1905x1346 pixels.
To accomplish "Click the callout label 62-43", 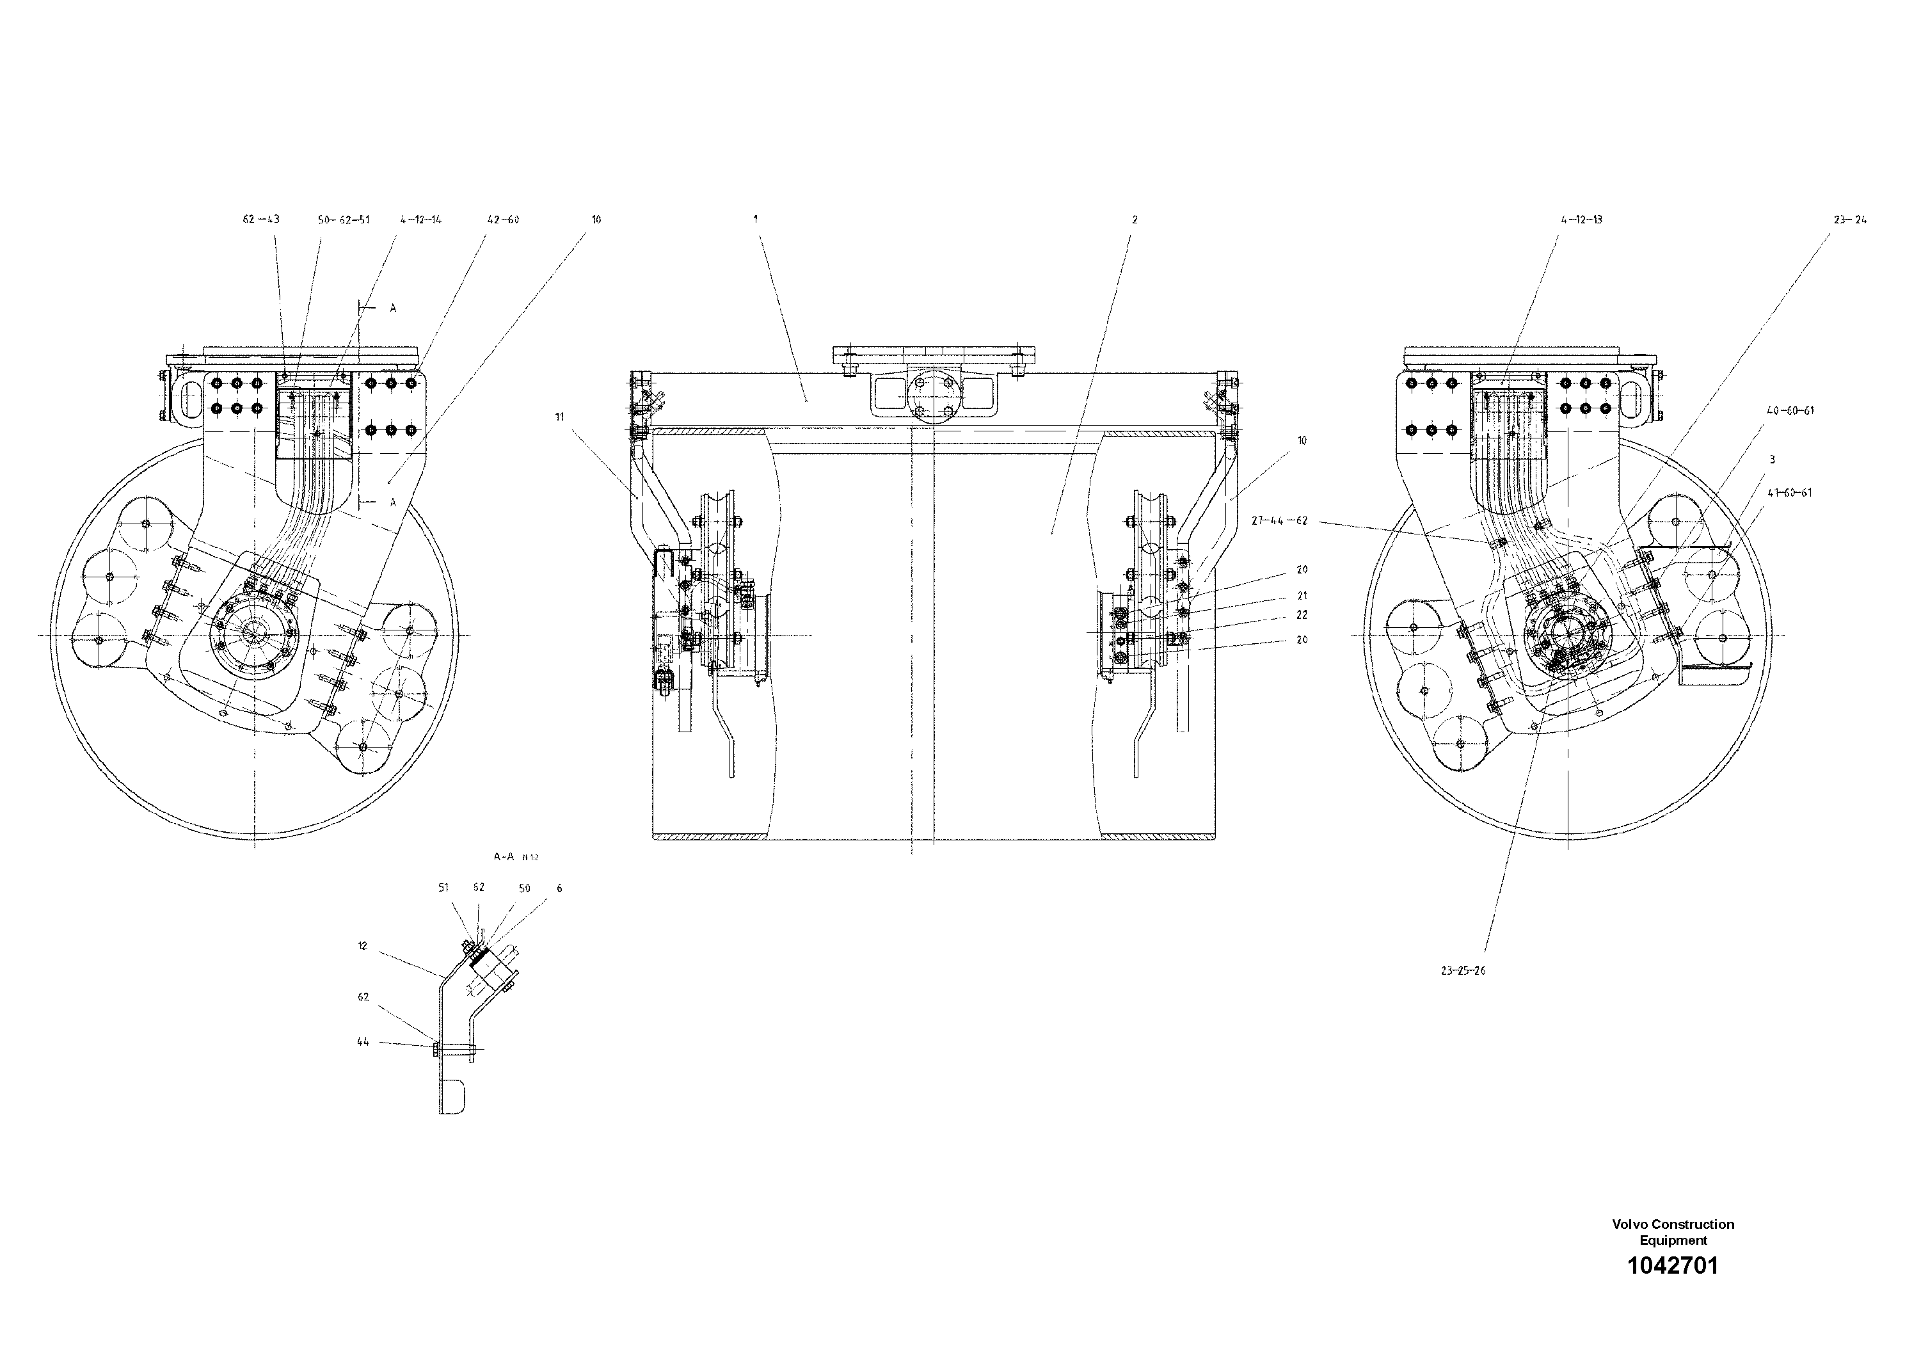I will pos(260,220).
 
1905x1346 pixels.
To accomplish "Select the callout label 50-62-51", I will pos(344,220).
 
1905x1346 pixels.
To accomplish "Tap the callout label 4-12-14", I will pos(420,220).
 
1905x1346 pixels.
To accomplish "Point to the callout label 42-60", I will pos(503,220).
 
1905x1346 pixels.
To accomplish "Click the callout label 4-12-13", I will pos(1581,220).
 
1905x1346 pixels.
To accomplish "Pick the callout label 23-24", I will pos(1849,220).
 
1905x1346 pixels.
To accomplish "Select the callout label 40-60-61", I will pos(1790,411).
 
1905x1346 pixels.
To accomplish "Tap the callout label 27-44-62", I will pos(1279,521).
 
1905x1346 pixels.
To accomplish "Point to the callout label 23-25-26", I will pos(1463,970).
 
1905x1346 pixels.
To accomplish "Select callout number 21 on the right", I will pos(1302,596).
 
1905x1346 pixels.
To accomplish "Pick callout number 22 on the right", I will pos(1302,615).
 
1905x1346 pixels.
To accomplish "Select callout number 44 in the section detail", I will pos(363,1041).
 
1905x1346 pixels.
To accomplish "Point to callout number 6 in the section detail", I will pos(559,888).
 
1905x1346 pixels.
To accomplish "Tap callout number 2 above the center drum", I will pos(1134,220).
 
